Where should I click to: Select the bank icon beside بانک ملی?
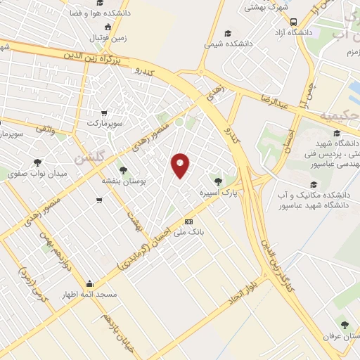coord(188,221)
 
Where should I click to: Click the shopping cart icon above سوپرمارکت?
coord(104,112)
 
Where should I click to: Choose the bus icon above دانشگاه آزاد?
coord(293,21)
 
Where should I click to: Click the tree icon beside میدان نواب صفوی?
coord(15,172)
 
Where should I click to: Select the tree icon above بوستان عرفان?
coord(345,324)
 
